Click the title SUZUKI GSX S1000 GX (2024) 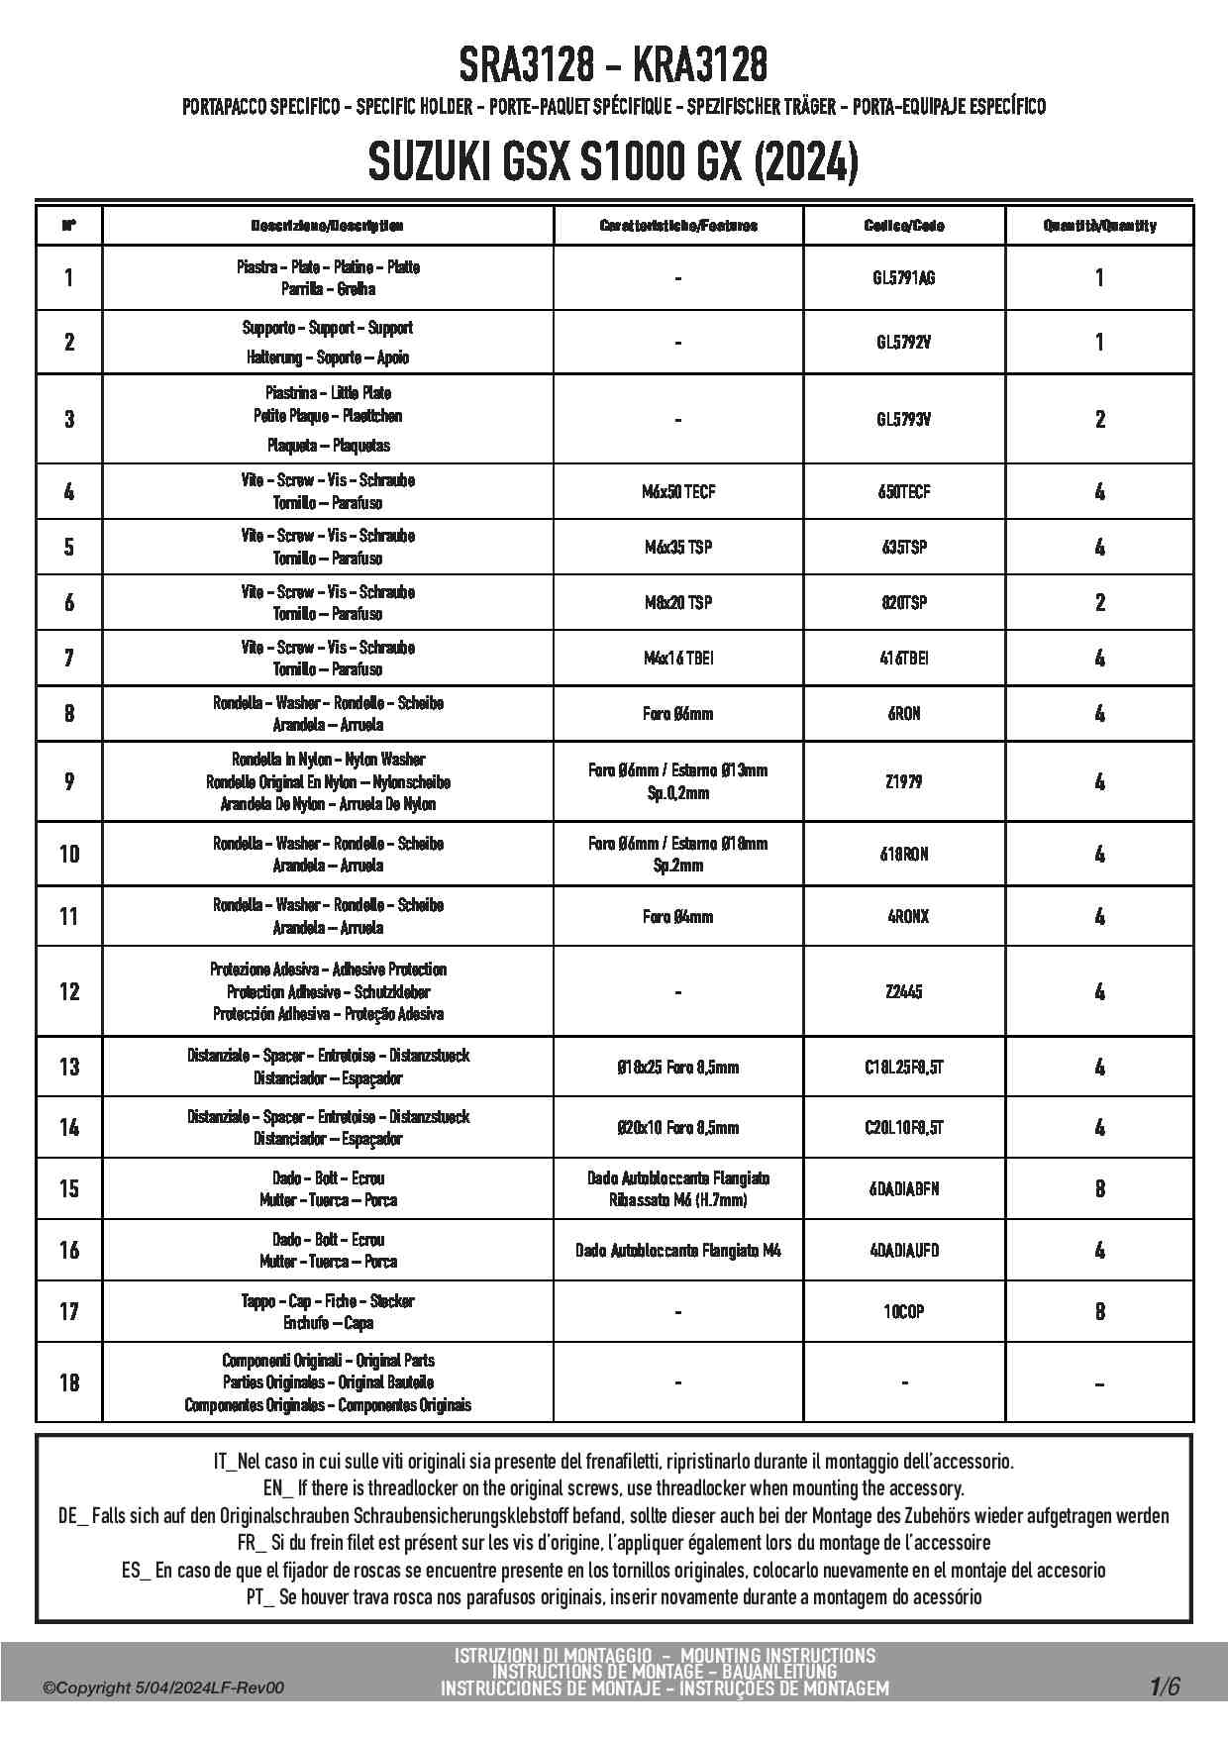point(613,162)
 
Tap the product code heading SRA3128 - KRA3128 point(613,66)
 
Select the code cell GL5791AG point(903,278)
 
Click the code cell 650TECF point(903,492)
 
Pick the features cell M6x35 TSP point(677,548)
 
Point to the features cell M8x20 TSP point(677,603)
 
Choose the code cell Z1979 point(903,782)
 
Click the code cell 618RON point(903,854)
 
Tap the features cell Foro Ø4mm point(677,917)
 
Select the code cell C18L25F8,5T point(903,1068)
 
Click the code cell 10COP point(903,1312)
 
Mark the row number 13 point(68,1068)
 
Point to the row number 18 point(68,1382)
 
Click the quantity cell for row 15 point(1099,1189)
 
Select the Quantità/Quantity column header point(1099,226)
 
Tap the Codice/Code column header point(903,226)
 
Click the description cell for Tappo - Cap point(328,1312)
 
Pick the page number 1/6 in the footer point(1165,1686)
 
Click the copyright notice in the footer point(163,1687)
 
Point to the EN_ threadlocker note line point(613,1488)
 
